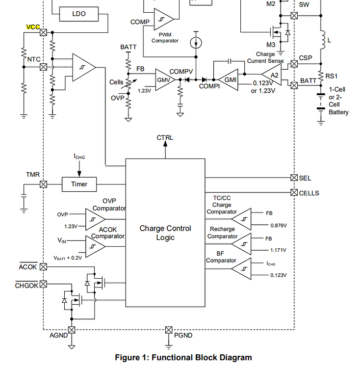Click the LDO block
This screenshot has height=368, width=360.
(78, 14)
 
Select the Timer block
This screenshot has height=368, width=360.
(79, 184)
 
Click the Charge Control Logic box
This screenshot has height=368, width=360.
(165, 233)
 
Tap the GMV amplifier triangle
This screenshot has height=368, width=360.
(163, 79)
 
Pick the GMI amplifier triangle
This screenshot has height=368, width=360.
(229, 79)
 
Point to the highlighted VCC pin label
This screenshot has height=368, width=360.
(32, 27)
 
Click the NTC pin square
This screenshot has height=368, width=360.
(43, 67)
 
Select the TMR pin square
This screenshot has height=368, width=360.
(43, 184)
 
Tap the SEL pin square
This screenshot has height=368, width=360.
(294, 178)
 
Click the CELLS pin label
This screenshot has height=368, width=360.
(309, 193)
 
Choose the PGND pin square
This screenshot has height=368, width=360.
(169, 330)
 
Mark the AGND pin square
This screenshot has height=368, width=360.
(72, 330)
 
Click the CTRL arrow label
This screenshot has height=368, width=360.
(165, 137)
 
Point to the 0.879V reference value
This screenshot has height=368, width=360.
(278, 225)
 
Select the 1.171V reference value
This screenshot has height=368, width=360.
(278, 250)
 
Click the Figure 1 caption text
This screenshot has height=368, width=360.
(183, 357)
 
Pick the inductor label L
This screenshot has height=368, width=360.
(329, 40)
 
